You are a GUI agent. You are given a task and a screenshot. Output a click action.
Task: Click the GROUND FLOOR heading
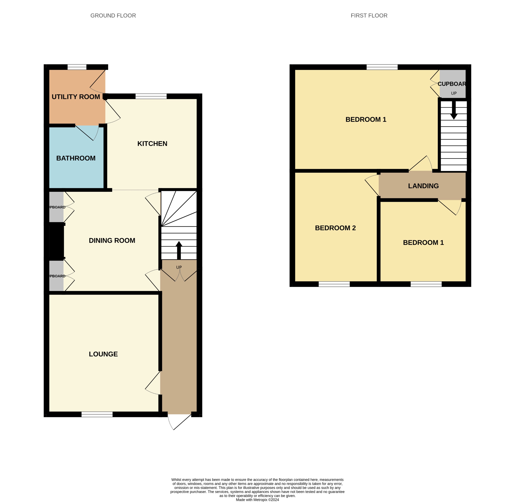pos(113,16)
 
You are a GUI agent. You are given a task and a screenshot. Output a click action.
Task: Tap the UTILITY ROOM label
pos(76,97)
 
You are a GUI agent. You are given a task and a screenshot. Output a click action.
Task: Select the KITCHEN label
pos(152,143)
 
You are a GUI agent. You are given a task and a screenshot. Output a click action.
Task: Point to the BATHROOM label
pos(76,158)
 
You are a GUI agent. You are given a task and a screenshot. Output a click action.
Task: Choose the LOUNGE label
pos(103,354)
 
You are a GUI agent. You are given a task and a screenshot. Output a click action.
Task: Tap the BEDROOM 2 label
pos(335,228)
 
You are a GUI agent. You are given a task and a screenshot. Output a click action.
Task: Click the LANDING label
pos(423,186)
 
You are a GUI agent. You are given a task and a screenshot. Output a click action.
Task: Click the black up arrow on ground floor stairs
pos(179,249)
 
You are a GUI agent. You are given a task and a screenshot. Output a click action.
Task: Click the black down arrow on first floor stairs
pos(454,111)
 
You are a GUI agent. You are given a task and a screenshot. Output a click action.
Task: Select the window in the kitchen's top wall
pos(151,96)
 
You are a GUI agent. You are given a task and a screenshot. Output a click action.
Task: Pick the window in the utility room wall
pos(77,67)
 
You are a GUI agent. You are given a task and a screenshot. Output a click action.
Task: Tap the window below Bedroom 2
pos(334,284)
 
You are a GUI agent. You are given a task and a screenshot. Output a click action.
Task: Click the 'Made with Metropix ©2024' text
pos(257,500)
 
